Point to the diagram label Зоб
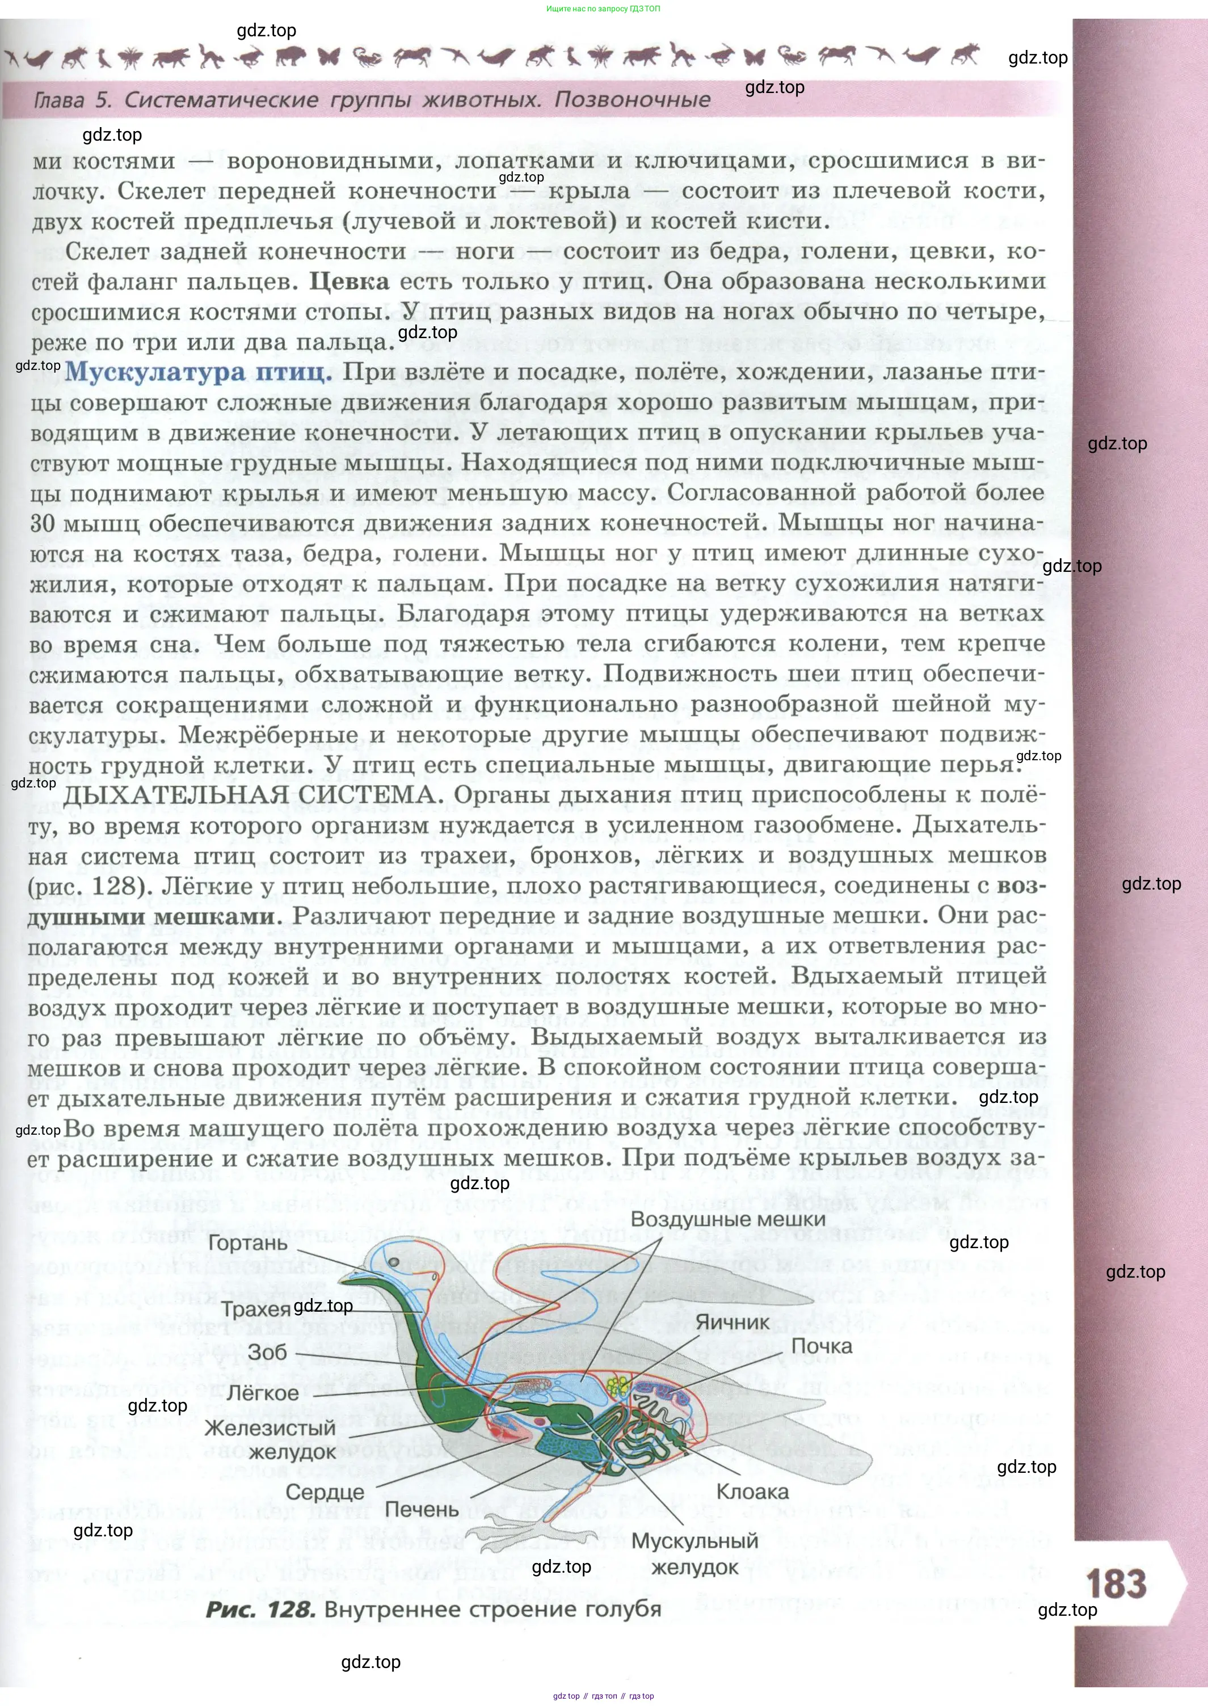point(267,1351)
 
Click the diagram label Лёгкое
point(262,1393)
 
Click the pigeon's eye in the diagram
point(395,1261)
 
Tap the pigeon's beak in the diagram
point(351,1278)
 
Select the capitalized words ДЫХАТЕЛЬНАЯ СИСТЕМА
point(250,794)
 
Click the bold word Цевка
point(349,281)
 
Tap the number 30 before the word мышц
point(43,524)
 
